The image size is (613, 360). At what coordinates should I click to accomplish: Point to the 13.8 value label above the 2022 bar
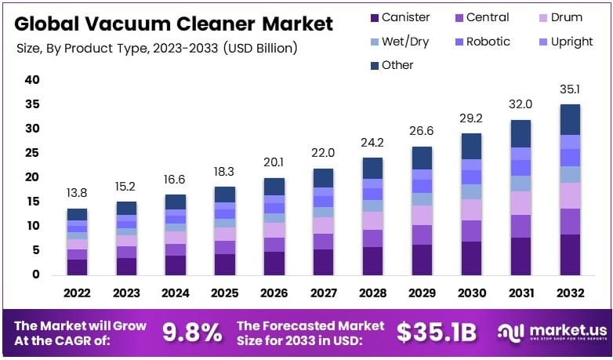click(x=78, y=192)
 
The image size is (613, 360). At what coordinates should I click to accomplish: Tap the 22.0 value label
click(x=323, y=152)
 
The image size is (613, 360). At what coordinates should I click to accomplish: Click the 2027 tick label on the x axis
click(x=323, y=293)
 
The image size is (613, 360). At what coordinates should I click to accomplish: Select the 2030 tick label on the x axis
click(x=472, y=293)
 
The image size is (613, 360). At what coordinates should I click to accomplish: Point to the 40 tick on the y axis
click(x=32, y=79)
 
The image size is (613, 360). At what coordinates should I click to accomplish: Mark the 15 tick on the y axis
click(x=32, y=202)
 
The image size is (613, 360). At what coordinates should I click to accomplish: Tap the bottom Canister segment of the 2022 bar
click(x=78, y=267)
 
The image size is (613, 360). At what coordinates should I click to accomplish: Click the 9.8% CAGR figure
click(x=191, y=333)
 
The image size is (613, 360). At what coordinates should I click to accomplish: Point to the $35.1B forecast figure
click(x=436, y=333)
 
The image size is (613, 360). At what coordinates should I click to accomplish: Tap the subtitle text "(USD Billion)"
click(x=260, y=49)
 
